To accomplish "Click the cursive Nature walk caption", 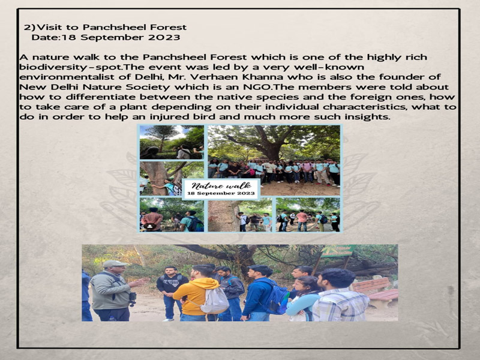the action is click(x=221, y=185).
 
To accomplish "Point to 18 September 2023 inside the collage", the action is click(x=221, y=193).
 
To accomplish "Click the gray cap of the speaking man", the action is click(x=114, y=263).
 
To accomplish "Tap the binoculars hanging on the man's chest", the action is click(x=133, y=298).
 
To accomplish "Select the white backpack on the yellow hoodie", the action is click(x=214, y=301).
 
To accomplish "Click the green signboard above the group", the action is click(x=338, y=250).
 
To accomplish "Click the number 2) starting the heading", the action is click(x=29, y=28).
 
